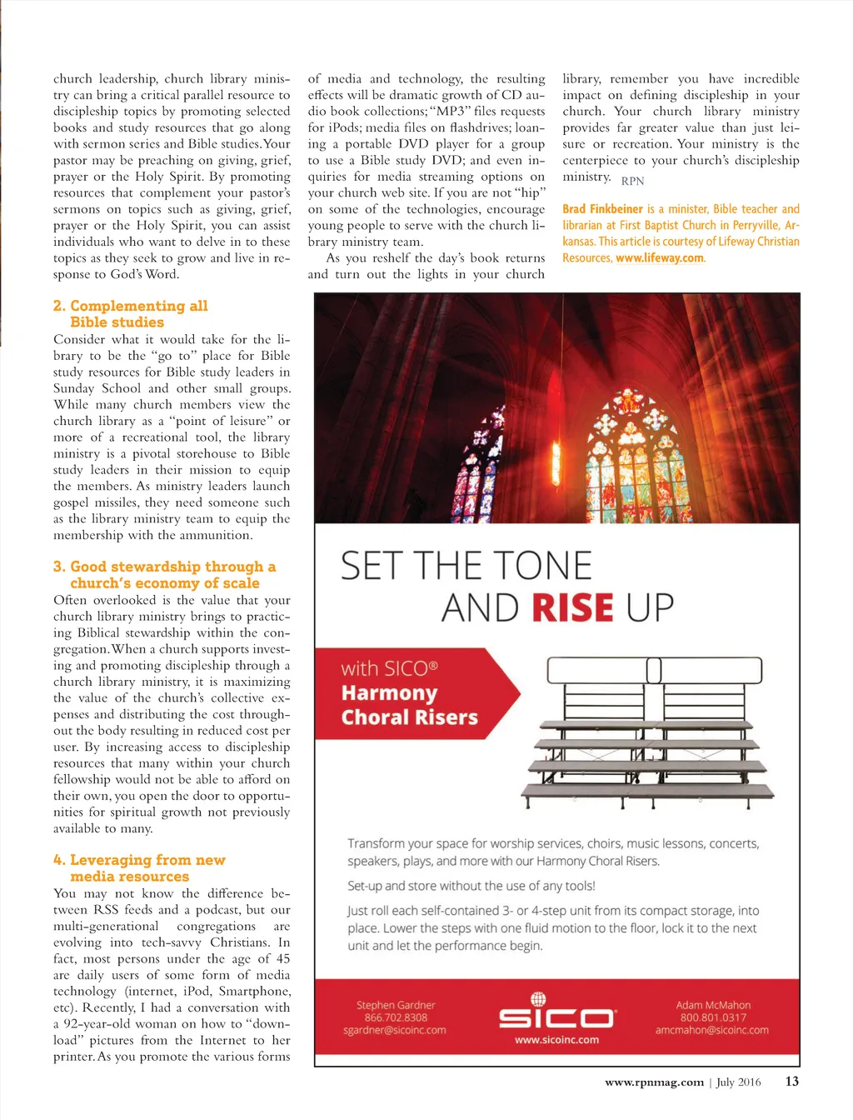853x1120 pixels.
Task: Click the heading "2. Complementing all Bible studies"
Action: pos(130,314)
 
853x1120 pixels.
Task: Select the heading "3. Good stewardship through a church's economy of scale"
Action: pos(164,575)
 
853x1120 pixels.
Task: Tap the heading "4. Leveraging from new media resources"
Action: pos(139,868)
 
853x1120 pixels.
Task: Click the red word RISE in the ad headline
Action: pos(572,608)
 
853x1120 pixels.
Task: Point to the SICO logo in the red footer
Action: pos(556,1014)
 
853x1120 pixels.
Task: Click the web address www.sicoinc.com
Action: pos(556,1040)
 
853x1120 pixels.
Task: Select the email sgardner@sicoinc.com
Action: pos(394,1030)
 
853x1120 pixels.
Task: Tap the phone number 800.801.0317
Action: pos(713,1017)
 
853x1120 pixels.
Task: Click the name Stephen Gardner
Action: pos(396,1005)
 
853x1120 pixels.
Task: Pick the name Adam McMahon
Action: pos(713,1005)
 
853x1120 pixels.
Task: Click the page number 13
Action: pos(791,1082)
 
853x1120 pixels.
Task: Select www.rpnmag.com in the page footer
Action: pos(654,1082)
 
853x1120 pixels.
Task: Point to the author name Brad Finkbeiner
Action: pos(602,209)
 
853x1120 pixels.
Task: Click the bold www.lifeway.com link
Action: pos(660,258)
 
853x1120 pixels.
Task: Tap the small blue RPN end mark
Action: pos(632,181)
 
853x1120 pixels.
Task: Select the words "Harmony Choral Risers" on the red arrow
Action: pos(409,705)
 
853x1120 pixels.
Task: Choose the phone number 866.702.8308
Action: pos(396,1017)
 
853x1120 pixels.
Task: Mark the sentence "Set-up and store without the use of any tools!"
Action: pos(471,886)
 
